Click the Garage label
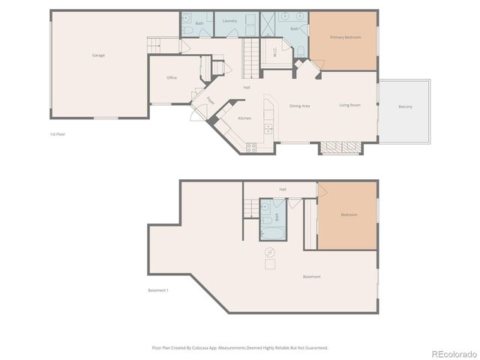98,55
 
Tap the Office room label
172,78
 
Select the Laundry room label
230,21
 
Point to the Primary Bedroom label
343,37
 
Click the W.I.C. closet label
275,52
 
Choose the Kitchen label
244,118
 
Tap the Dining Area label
300,106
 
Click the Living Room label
349,105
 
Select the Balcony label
405,106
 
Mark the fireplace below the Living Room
340,147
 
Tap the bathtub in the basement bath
270,233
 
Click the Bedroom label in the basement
349,215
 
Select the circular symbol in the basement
269,253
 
